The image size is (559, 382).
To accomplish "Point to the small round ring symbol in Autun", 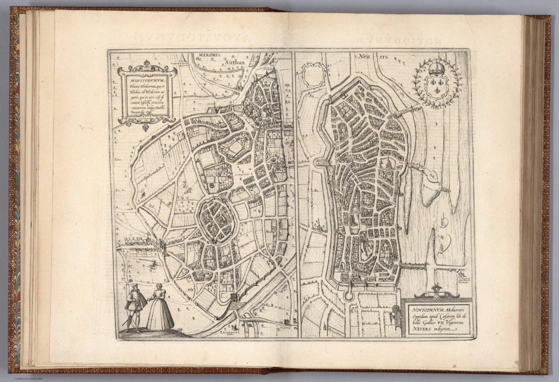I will coord(211,186).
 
